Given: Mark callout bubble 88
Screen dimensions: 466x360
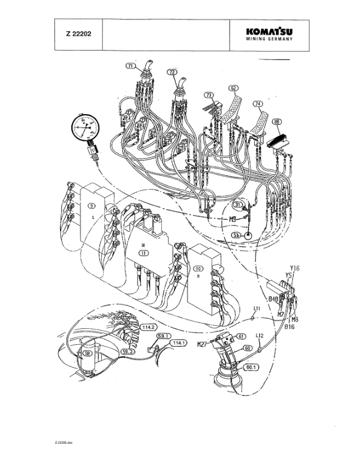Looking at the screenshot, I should (x=276, y=122).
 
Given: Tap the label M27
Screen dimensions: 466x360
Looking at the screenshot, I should (x=202, y=344).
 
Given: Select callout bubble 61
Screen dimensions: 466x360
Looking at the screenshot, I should (x=240, y=336).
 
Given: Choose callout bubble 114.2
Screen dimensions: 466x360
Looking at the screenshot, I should (x=148, y=328).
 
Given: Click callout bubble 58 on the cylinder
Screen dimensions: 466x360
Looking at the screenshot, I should (x=88, y=354).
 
